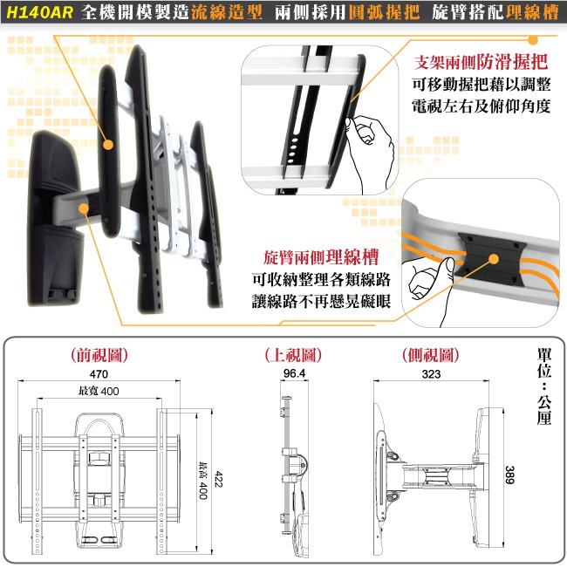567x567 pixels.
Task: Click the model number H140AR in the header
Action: pos(40,12)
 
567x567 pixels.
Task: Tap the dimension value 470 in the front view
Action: pos(99,374)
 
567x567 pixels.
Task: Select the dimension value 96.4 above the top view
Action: pos(294,373)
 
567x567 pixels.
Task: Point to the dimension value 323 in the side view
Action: pos(431,374)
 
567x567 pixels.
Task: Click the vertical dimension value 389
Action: pos(509,475)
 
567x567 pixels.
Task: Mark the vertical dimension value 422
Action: pos(218,479)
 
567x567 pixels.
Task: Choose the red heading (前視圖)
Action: pos(99,355)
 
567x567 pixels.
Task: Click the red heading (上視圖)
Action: pos(293,355)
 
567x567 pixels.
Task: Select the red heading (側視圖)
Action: pos(431,355)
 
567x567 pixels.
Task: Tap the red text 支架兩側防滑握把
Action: pos(482,62)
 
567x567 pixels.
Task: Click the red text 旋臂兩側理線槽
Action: pos(321,257)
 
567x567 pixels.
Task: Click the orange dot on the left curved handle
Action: pos(108,145)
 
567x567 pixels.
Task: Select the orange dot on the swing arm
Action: pos(84,208)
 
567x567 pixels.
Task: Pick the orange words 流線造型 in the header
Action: pos(227,12)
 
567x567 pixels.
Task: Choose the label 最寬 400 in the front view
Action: pos(99,391)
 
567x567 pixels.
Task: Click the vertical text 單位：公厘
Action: pos(543,386)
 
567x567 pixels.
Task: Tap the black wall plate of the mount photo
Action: pos(54,217)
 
